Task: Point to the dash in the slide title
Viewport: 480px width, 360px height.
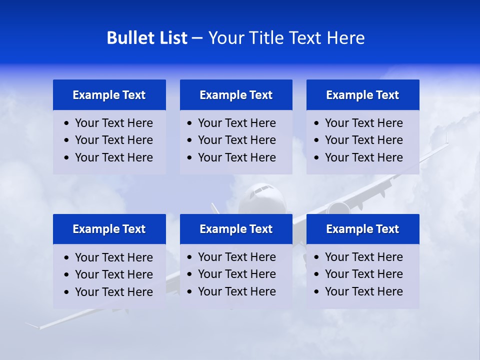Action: click(x=197, y=38)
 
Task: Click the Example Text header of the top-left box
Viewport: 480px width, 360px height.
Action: click(x=109, y=95)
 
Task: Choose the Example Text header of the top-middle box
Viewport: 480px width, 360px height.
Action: click(x=236, y=95)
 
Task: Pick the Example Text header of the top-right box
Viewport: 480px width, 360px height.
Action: click(x=362, y=95)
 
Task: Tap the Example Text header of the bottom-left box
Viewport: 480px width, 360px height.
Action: click(x=109, y=229)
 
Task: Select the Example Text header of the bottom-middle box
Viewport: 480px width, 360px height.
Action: click(x=236, y=229)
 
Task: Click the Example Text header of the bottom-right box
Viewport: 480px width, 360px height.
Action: click(x=362, y=229)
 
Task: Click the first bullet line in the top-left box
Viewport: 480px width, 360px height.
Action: click(x=113, y=123)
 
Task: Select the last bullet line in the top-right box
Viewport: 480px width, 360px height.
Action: click(x=363, y=157)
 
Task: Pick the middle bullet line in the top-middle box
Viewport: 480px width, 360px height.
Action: click(x=236, y=140)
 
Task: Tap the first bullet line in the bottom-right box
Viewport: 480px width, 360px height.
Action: click(x=363, y=257)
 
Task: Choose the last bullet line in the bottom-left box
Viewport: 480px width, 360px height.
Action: click(x=113, y=292)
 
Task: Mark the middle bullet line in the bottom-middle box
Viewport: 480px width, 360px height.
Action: click(x=236, y=274)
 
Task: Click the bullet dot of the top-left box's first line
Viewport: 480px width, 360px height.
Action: click(x=67, y=123)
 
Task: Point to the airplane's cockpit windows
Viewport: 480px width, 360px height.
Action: click(x=260, y=189)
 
